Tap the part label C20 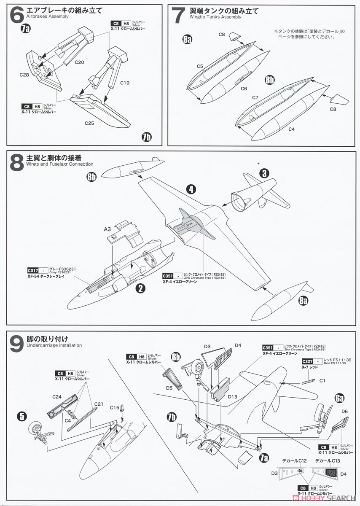80,62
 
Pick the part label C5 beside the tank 200,66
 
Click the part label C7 255,97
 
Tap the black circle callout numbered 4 192,189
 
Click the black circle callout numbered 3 264,173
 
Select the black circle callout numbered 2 141,288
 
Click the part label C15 115,407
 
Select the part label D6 344,411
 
